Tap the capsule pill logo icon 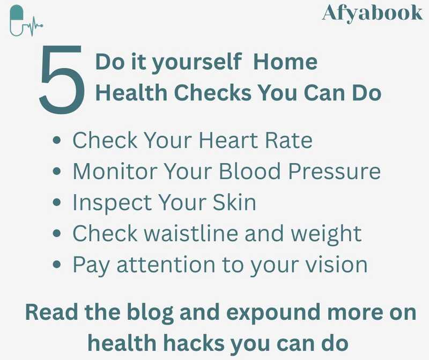17,20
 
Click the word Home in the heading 285,62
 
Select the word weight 328,234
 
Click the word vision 336,265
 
